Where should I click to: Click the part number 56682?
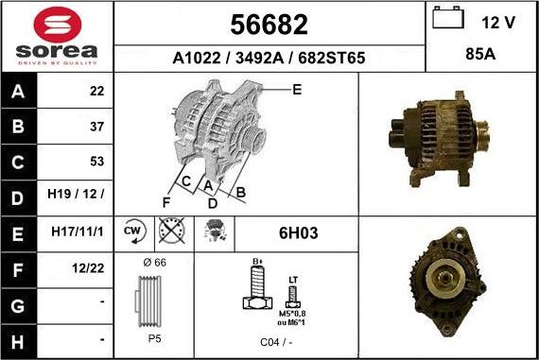click(269, 24)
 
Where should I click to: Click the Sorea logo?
click(57, 38)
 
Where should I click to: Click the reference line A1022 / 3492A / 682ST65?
click(269, 59)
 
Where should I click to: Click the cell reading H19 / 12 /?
click(77, 197)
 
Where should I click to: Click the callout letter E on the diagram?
click(296, 90)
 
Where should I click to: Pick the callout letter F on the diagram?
click(166, 202)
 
